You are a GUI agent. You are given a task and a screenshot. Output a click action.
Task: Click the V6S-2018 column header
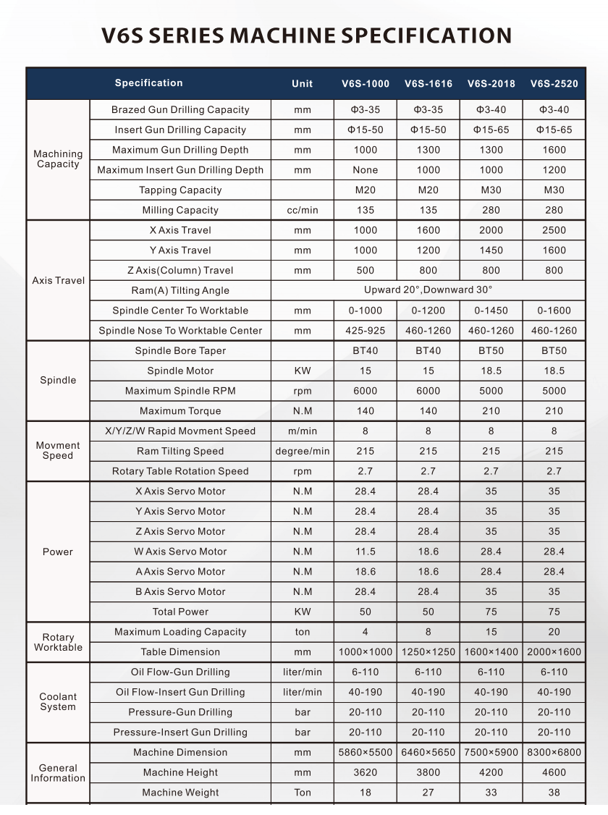pyautogui.click(x=491, y=84)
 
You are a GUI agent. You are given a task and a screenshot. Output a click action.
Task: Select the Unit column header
pyautogui.click(x=302, y=84)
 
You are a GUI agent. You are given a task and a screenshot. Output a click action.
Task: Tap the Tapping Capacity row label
pyautogui.click(x=180, y=190)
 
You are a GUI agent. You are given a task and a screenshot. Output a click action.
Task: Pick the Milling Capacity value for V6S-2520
pyautogui.click(x=554, y=211)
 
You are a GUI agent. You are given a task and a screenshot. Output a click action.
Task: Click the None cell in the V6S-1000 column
pyautogui.click(x=366, y=170)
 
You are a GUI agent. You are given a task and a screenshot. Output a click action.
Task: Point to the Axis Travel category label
pyautogui.click(x=58, y=281)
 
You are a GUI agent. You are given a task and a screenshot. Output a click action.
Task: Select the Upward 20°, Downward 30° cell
pyautogui.click(x=428, y=290)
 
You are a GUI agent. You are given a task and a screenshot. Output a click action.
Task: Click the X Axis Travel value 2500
pyautogui.click(x=554, y=230)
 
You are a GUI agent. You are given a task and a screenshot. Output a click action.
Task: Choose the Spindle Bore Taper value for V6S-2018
pyautogui.click(x=491, y=351)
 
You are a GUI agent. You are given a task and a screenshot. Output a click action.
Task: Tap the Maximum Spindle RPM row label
pyautogui.click(x=180, y=391)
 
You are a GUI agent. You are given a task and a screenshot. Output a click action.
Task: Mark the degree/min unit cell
pyautogui.click(x=302, y=451)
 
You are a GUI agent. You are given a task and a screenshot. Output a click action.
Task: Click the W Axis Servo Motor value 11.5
pyautogui.click(x=366, y=552)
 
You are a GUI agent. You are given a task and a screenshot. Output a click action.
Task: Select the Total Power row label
pyautogui.click(x=180, y=612)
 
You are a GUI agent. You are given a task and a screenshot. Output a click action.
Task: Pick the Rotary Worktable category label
pyautogui.click(x=58, y=642)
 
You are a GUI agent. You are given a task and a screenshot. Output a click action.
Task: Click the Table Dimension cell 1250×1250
pyautogui.click(x=428, y=652)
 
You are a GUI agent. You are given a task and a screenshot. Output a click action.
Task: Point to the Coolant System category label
pyautogui.click(x=58, y=702)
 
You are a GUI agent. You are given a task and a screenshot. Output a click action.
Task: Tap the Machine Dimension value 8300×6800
pyautogui.click(x=554, y=753)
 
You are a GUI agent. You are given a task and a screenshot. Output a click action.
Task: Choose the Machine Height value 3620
pyautogui.click(x=366, y=772)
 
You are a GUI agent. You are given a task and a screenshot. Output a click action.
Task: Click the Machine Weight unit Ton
pyautogui.click(x=302, y=793)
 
